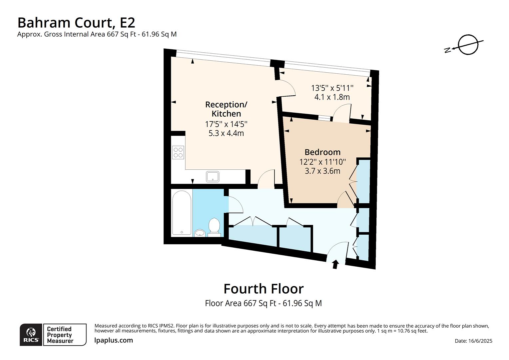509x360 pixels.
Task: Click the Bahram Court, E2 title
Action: tap(76, 23)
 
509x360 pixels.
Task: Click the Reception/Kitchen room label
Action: tap(226, 109)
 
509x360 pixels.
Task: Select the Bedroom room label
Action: tap(322, 152)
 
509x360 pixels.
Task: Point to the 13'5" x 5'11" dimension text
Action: tap(332, 88)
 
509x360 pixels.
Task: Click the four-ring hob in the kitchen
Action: tap(178, 153)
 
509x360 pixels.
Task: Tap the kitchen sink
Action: tap(213, 176)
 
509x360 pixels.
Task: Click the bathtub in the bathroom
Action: tap(182, 213)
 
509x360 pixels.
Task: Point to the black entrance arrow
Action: tap(335, 264)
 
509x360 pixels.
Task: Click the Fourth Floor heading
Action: tap(263, 289)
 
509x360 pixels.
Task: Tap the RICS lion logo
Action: tap(31, 335)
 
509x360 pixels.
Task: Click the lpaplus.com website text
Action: tap(114, 340)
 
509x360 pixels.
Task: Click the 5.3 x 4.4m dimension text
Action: tap(226, 133)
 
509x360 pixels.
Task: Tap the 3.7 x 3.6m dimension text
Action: tap(322, 171)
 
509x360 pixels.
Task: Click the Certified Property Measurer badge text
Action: tap(60, 335)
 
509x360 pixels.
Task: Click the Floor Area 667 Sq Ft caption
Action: tap(263, 303)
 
